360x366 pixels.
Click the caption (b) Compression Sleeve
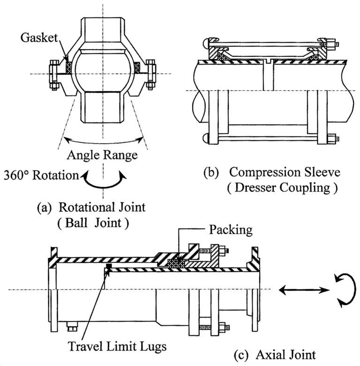click(271, 172)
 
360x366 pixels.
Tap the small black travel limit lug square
click(109, 267)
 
